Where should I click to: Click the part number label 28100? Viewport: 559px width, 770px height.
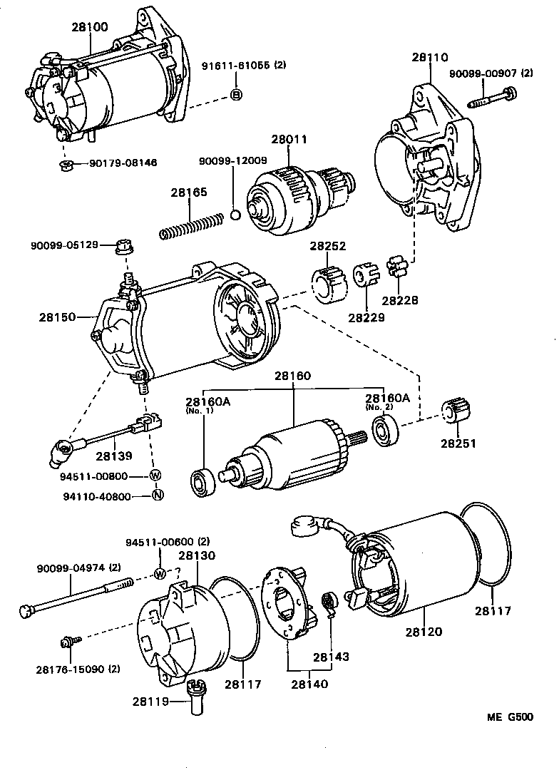(x=90, y=28)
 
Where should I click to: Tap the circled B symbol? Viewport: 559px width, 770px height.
(x=236, y=96)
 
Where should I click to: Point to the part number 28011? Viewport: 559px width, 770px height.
(x=289, y=141)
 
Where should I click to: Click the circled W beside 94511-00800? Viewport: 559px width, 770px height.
(x=155, y=476)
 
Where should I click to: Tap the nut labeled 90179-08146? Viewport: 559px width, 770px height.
(x=66, y=165)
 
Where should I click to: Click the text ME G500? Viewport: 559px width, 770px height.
(x=509, y=717)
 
